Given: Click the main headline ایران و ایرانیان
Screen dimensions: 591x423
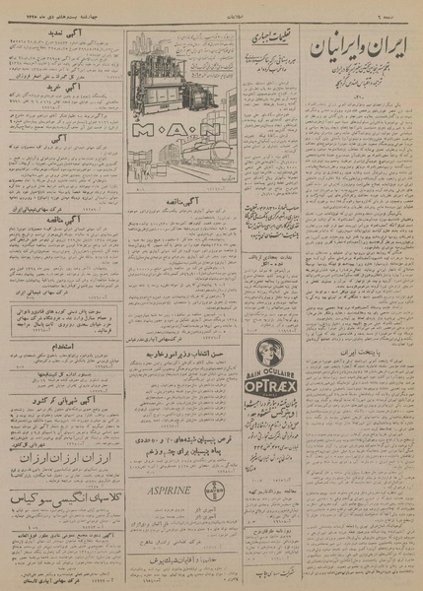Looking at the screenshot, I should click(x=364, y=47).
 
